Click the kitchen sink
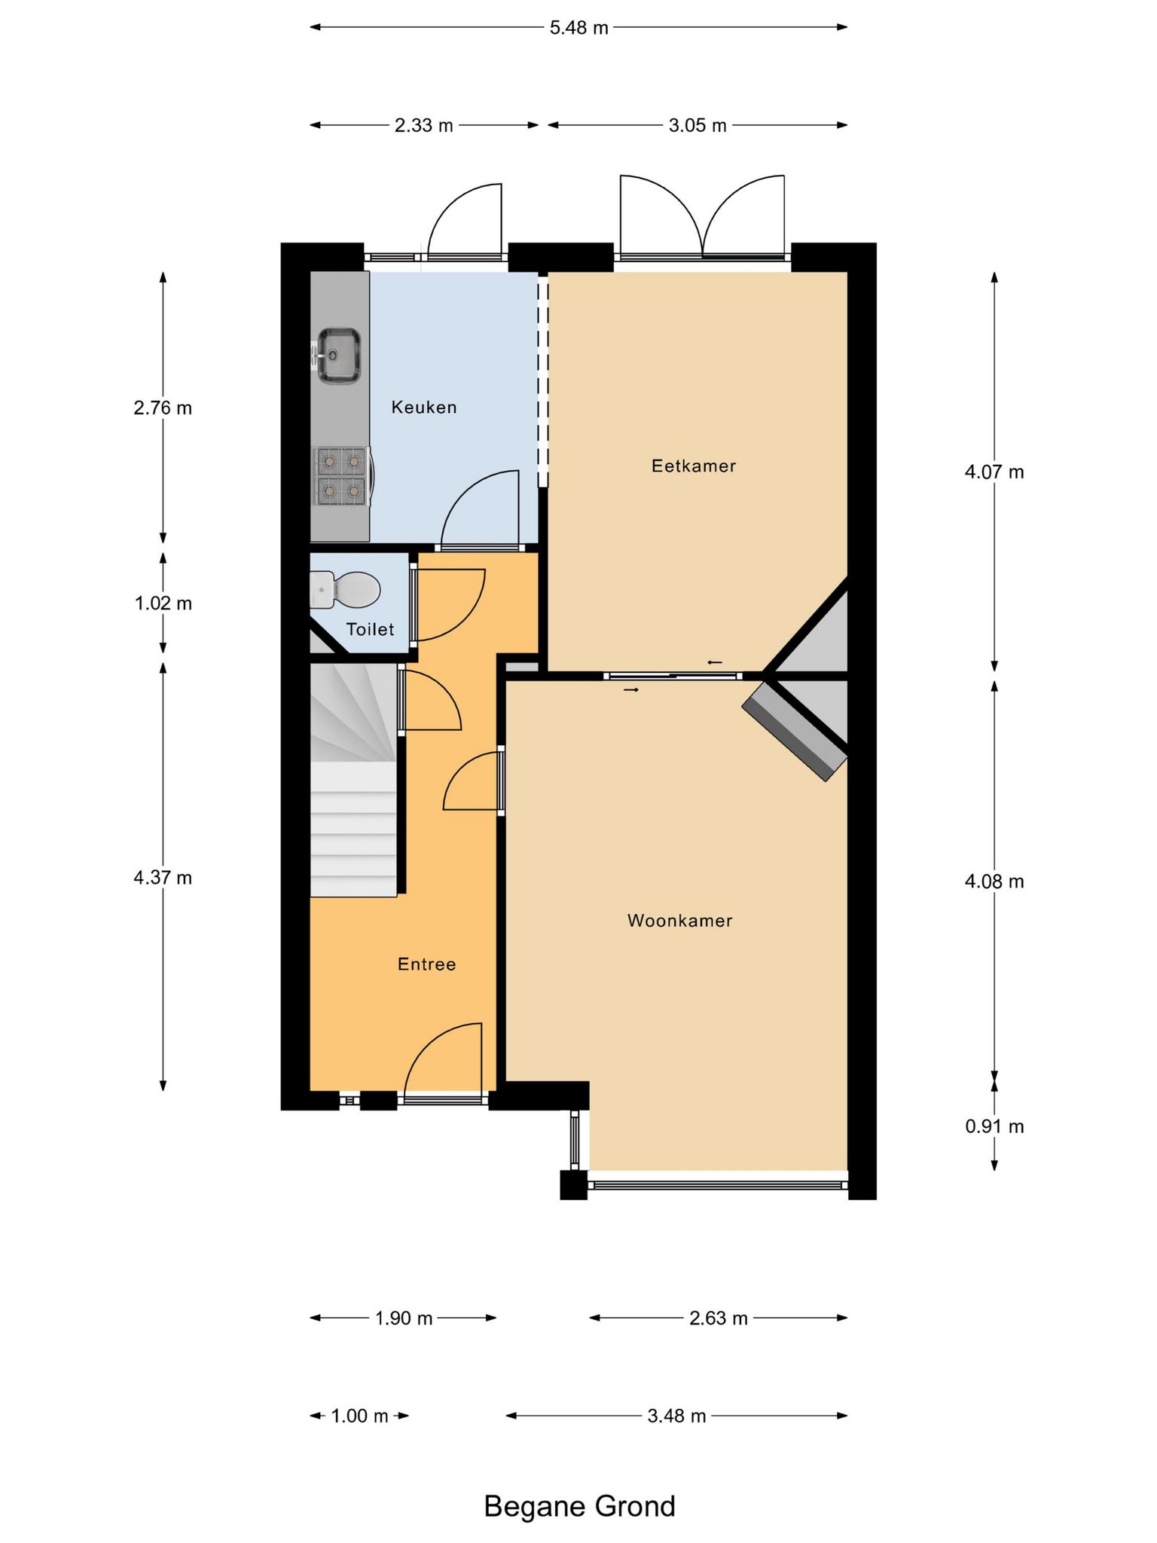click(x=337, y=355)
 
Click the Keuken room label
click(x=424, y=408)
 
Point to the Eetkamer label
click(x=694, y=466)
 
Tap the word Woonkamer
click(x=680, y=920)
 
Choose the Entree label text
click(x=427, y=964)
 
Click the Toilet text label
click(x=370, y=629)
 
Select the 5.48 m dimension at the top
click(x=578, y=28)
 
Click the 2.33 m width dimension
click(x=424, y=125)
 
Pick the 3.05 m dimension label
click(x=698, y=125)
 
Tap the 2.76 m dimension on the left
click(x=163, y=408)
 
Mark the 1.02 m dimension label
click(x=163, y=603)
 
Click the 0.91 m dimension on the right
click(x=994, y=1126)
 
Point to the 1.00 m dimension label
click(x=359, y=1416)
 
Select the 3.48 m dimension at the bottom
click(x=676, y=1416)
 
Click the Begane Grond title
click(x=579, y=1506)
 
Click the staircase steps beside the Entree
click(x=353, y=780)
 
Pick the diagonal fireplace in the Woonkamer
click(x=795, y=732)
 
